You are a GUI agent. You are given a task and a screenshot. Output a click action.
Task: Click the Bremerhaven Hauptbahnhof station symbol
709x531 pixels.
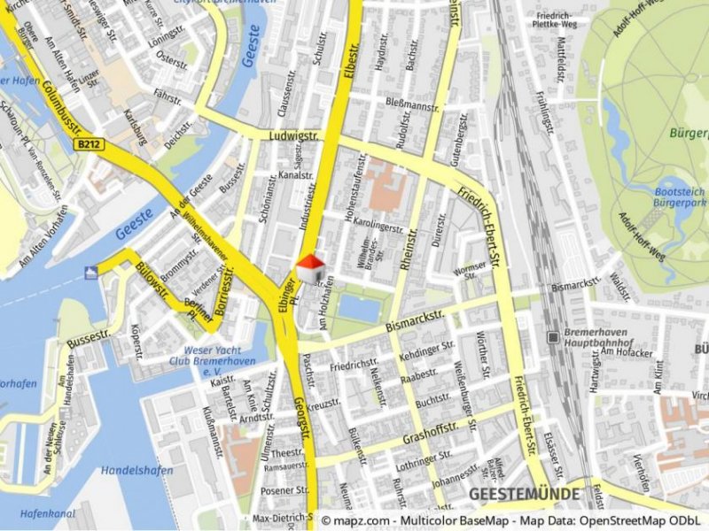point(553,337)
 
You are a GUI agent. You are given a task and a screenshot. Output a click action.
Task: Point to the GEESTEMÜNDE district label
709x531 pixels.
point(524,494)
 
